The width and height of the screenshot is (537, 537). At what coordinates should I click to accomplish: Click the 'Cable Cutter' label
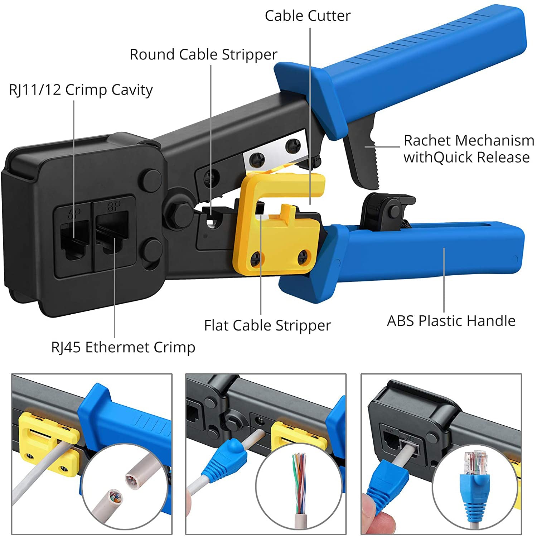pos(308,16)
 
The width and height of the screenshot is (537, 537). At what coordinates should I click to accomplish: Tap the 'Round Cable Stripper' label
pos(203,54)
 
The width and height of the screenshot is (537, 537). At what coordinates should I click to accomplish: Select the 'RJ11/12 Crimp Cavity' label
pos(81,89)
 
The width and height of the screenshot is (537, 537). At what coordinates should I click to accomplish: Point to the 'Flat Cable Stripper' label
pos(267,325)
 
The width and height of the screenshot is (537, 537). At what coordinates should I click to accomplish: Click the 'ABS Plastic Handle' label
pos(451,321)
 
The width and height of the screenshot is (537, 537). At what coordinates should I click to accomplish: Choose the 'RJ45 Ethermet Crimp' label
pos(123,347)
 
